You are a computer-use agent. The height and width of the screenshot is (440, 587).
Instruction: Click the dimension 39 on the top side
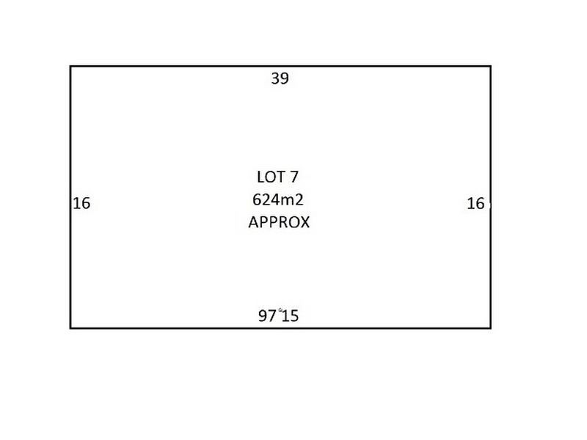[280, 78]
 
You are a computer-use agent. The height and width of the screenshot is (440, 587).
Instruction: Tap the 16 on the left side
[81, 204]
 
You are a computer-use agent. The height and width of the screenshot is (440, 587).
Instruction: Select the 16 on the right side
[475, 204]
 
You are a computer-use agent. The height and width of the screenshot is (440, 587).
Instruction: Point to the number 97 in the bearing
[267, 316]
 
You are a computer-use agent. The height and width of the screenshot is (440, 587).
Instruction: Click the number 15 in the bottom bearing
[290, 316]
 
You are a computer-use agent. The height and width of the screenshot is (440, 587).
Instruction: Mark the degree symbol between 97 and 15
[280, 309]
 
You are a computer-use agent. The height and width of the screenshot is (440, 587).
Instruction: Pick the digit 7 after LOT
[294, 177]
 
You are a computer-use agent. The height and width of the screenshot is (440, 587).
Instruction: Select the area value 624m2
[278, 199]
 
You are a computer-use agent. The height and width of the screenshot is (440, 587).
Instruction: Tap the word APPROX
[279, 222]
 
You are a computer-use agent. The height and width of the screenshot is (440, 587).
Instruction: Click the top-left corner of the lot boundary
[70, 66]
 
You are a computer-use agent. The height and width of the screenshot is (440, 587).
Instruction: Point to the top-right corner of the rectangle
[491, 66]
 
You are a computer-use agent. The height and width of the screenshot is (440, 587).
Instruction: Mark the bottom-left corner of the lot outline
[70, 328]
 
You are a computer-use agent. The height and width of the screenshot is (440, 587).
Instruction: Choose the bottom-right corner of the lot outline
[491, 328]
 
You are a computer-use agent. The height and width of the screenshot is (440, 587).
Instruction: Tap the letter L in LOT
[260, 177]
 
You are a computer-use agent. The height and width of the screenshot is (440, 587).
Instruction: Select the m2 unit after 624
[292, 199]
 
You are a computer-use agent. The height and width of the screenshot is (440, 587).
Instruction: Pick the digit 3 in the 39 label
[276, 78]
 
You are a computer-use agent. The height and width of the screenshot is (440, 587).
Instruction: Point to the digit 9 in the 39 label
[285, 78]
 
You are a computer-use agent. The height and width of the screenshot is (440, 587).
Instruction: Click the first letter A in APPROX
[253, 222]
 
